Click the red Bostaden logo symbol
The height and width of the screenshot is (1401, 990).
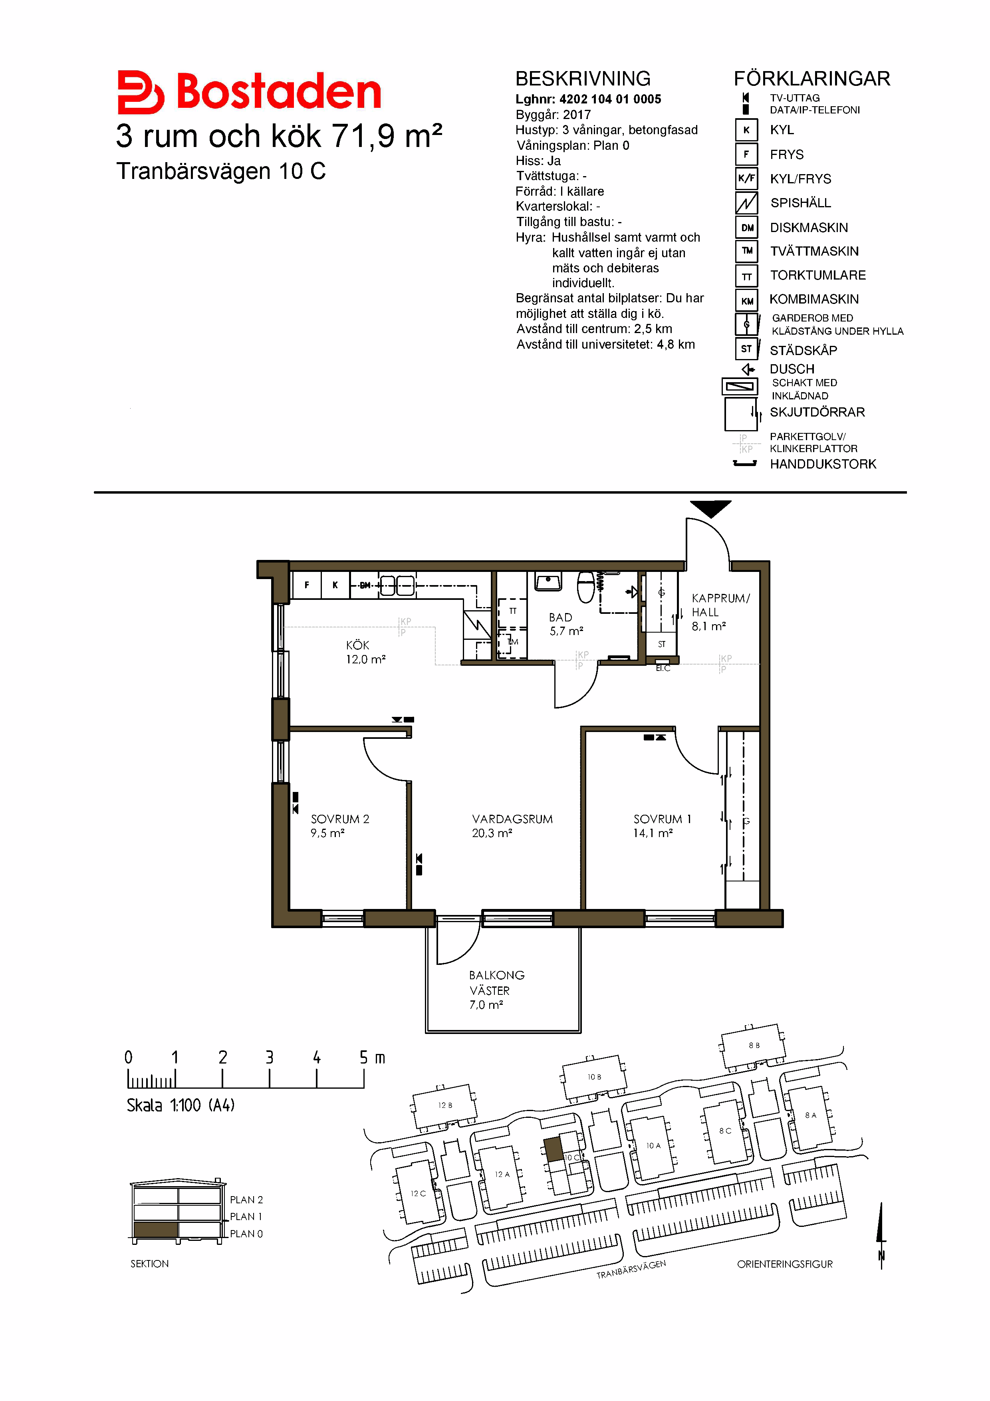140,92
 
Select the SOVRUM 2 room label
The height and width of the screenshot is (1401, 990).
340,819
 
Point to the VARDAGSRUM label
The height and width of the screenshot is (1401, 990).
512,819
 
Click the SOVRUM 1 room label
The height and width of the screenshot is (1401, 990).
662,819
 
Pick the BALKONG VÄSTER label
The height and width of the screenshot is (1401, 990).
496,982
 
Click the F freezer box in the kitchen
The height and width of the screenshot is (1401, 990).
307,585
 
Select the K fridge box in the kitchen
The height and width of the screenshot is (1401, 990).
335,585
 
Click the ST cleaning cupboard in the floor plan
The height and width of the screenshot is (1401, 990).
662,644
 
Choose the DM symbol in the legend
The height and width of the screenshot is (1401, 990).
747,228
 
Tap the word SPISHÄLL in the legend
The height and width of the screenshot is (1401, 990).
800,202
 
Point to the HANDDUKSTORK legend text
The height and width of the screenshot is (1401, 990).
823,464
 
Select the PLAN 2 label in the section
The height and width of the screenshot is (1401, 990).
246,1200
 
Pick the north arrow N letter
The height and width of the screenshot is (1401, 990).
881,1256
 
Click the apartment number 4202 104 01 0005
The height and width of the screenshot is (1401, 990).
610,99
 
